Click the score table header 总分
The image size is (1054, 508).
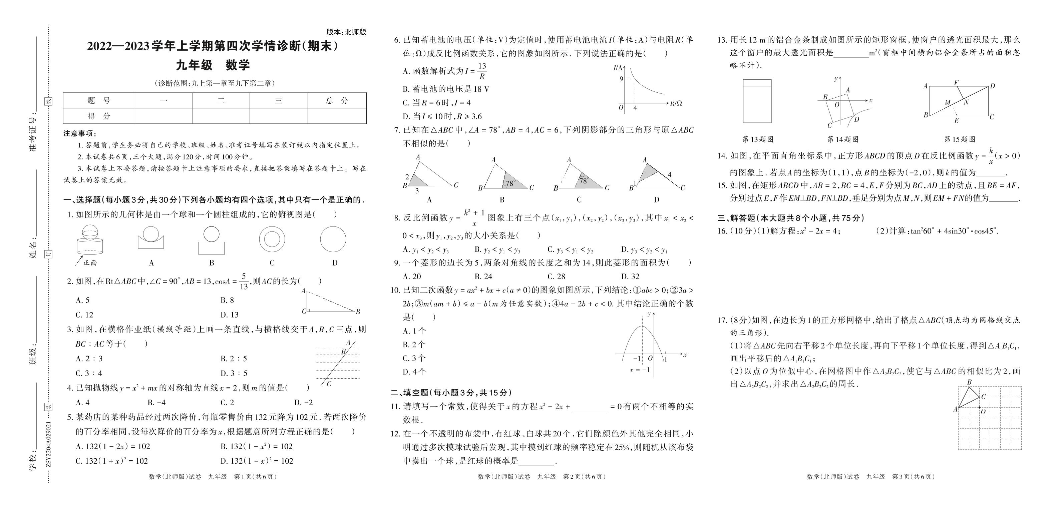(x=337, y=101)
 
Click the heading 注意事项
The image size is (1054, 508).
(x=80, y=134)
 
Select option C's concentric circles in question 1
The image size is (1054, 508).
(x=272, y=239)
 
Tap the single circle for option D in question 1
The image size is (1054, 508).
(x=333, y=239)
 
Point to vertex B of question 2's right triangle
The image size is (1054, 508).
(x=358, y=312)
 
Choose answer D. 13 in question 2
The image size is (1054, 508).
(x=229, y=315)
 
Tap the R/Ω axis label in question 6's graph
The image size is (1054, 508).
(x=676, y=103)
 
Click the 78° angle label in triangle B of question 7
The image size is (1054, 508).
(x=510, y=184)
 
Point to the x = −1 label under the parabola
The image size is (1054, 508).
(x=640, y=370)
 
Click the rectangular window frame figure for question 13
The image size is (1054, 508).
(x=757, y=101)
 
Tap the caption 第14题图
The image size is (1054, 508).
(x=842, y=139)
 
